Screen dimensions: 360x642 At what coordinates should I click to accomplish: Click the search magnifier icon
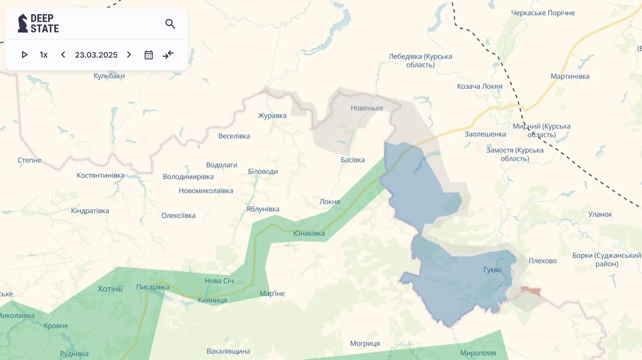(170, 24)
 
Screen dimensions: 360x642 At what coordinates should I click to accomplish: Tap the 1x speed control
(43, 55)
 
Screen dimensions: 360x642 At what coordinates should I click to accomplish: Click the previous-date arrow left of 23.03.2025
(63, 55)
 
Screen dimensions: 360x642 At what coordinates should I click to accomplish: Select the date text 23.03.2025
(96, 55)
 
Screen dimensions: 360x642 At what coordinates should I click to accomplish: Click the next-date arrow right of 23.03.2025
(129, 55)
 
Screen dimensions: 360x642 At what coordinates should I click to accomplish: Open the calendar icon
(148, 55)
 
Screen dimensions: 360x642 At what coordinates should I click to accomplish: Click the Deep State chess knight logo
(23, 23)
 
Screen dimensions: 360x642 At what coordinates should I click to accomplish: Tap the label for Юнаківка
(309, 233)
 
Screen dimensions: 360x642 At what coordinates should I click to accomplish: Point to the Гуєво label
(492, 270)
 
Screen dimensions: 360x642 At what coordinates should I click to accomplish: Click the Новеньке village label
(367, 108)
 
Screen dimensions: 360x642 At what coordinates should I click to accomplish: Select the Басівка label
(352, 160)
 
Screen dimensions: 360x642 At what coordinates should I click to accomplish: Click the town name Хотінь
(110, 289)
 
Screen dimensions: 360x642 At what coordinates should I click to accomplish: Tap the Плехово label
(542, 261)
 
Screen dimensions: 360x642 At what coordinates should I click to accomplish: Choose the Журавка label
(272, 116)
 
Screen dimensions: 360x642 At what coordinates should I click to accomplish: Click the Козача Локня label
(479, 86)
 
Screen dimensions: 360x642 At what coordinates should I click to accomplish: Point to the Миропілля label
(478, 353)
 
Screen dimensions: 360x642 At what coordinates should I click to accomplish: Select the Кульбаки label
(109, 76)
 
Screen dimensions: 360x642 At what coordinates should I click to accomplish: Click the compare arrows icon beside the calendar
(168, 55)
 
